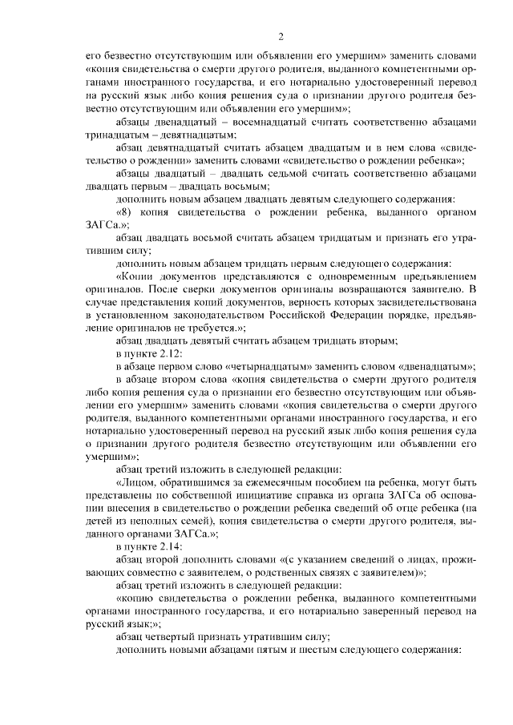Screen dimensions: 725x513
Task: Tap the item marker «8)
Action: coord(127,211)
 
